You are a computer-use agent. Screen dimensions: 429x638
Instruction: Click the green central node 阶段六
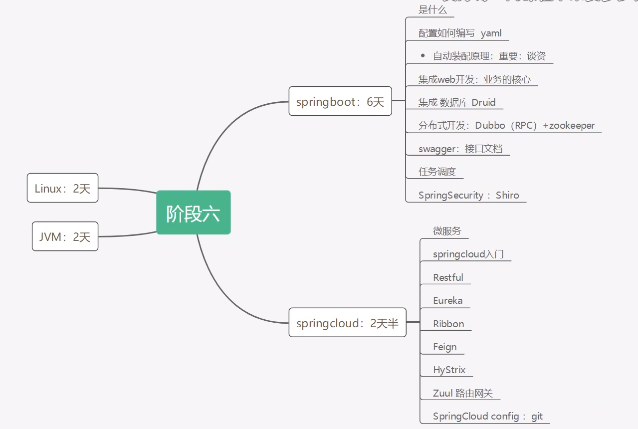pos(193,213)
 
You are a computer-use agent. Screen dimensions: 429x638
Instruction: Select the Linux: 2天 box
pos(62,188)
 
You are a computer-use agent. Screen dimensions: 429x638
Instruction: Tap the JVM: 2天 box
pos(65,236)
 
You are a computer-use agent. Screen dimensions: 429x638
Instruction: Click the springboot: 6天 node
pos(340,102)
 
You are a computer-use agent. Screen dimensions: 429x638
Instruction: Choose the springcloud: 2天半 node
pos(347,323)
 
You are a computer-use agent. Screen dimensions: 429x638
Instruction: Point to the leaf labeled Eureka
pos(447,300)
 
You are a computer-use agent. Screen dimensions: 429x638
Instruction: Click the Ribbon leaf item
pos(448,324)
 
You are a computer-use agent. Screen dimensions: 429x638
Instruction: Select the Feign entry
pos(444,347)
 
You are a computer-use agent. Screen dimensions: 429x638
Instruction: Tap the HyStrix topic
pos(449,370)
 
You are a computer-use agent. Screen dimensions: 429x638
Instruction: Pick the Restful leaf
pos(448,277)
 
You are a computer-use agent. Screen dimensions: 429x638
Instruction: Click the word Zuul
pos(443,393)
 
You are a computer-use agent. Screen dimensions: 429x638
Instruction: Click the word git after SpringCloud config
pos(537,416)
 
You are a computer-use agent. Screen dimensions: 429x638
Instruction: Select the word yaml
pos(491,33)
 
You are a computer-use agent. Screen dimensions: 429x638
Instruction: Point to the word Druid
pos(483,102)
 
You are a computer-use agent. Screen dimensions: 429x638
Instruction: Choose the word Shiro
pos(507,195)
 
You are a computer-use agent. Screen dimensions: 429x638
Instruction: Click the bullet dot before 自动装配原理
pos(423,56)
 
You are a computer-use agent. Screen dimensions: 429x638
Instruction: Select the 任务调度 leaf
pos(437,172)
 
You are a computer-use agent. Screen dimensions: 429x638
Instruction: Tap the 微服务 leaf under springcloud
pos(447,231)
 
